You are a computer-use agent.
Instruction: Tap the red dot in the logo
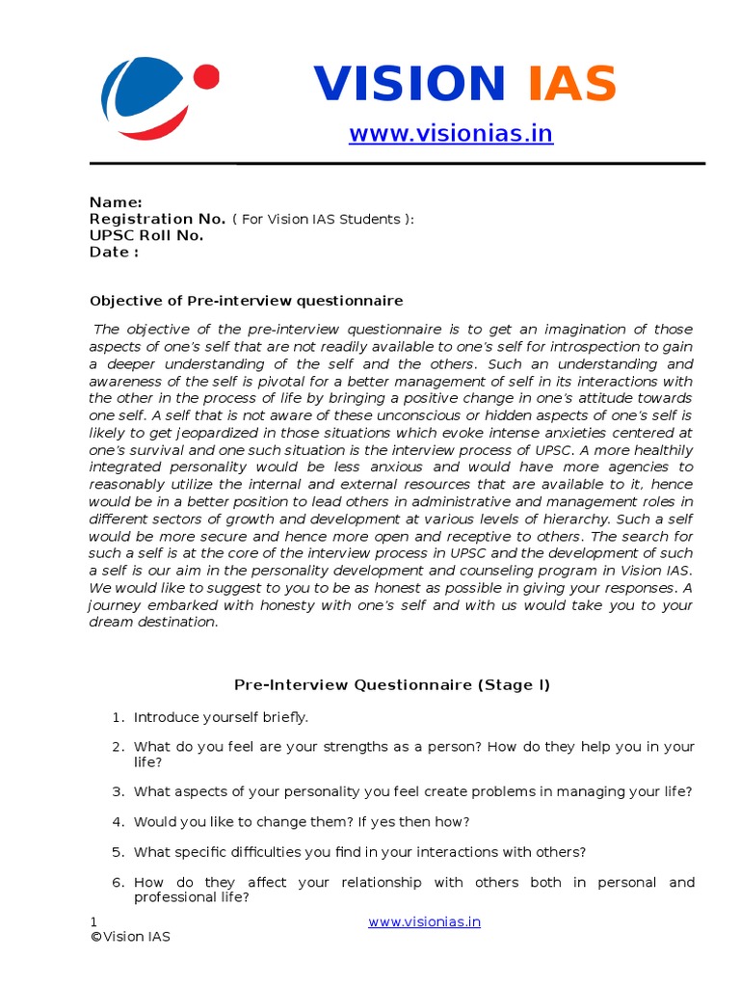click(x=205, y=76)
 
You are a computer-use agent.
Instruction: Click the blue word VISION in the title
click(x=410, y=84)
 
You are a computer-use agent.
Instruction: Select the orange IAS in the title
click(x=571, y=84)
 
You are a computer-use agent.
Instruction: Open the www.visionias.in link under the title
click(x=451, y=133)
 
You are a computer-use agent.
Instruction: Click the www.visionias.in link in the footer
click(x=424, y=921)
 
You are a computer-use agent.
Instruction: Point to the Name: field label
click(x=116, y=202)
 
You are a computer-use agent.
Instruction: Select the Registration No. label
click(x=157, y=219)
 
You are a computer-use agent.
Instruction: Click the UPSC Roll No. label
click(x=146, y=235)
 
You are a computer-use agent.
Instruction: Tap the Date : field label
click(x=114, y=252)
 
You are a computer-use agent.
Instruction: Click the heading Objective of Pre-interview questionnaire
click(x=246, y=301)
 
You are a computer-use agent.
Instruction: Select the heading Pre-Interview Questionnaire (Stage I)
click(x=392, y=684)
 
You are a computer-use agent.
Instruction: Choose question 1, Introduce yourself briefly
click(x=221, y=717)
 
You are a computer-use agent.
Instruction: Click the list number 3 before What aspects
click(x=118, y=791)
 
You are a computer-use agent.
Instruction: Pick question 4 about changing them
click(x=302, y=822)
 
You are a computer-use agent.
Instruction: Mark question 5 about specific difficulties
click(x=359, y=852)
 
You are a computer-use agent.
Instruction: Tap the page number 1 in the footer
click(x=93, y=922)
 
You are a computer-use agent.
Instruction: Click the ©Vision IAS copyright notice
click(x=130, y=937)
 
